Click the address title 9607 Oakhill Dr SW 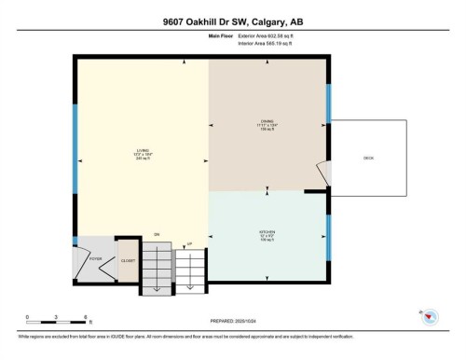click(x=233, y=21)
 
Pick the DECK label click(x=369, y=159)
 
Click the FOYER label click(x=95, y=258)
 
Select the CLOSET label click(x=128, y=261)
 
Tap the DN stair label click(x=157, y=233)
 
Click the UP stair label click(x=190, y=244)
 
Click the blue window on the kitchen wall click(x=328, y=241)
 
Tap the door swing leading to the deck click(x=322, y=173)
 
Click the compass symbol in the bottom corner click(x=428, y=317)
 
